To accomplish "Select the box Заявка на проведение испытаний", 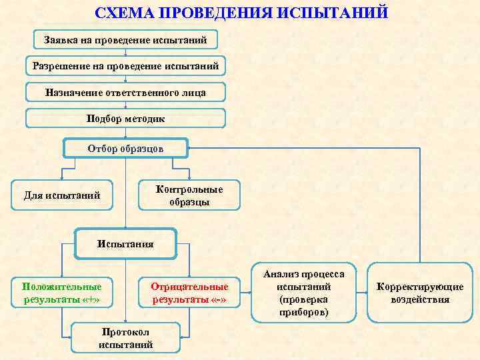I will (x=125, y=40).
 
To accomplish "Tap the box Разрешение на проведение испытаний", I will (x=125, y=66).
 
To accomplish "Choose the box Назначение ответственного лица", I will (x=125, y=92).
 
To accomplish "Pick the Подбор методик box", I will (x=125, y=118).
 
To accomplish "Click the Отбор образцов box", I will (x=125, y=148).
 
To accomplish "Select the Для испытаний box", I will (x=62, y=195).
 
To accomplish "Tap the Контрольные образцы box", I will (x=189, y=195).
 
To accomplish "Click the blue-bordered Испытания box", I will (x=125, y=244).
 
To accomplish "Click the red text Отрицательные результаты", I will (x=189, y=293).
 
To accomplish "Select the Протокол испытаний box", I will (x=125, y=339).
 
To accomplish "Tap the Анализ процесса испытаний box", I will (x=304, y=293).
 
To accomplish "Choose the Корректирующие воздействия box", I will (x=420, y=293).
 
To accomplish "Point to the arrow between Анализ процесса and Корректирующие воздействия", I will (x=364, y=293).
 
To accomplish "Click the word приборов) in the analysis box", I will (x=304, y=312).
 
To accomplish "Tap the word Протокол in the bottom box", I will (x=125, y=332).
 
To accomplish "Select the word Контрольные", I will (x=189, y=189).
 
